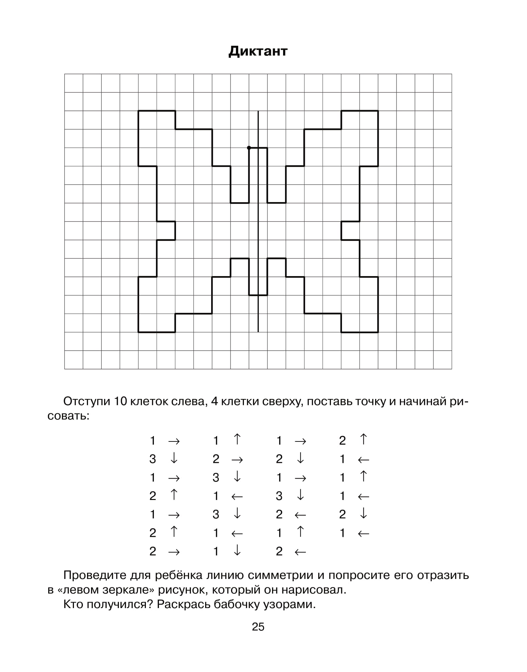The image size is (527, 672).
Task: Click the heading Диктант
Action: pyautogui.click(x=258, y=51)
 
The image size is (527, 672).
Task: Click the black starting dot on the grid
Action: pyautogui.click(x=249, y=148)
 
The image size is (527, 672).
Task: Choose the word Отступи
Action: pyautogui.click(x=87, y=401)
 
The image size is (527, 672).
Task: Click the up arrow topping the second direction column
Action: pyautogui.click(x=237, y=439)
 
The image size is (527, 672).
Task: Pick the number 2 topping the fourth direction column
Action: pyautogui.click(x=342, y=441)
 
